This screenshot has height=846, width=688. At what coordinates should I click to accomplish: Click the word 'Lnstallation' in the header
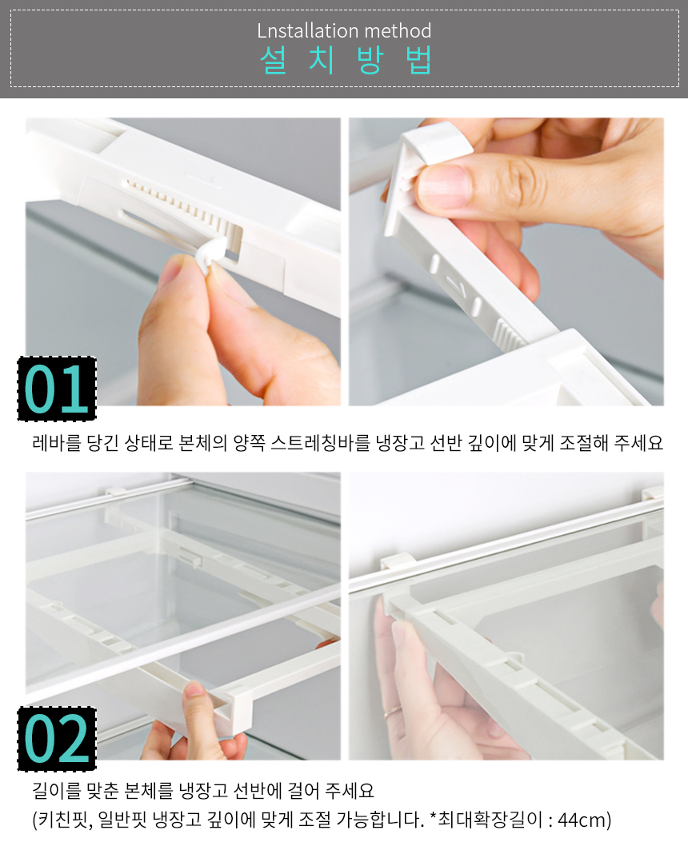click(x=300, y=30)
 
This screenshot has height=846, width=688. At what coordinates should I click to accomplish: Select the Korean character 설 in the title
click(x=273, y=60)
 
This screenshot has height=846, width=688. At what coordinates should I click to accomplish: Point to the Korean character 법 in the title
click(x=419, y=60)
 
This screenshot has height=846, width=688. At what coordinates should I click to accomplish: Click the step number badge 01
click(x=57, y=389)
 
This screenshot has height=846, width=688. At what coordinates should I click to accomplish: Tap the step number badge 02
click(x=57, y=739)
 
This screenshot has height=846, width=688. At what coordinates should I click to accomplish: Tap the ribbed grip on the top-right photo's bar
click(x=508, y=333)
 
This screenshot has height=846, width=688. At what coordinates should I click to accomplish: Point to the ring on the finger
click(x=393, y=711)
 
